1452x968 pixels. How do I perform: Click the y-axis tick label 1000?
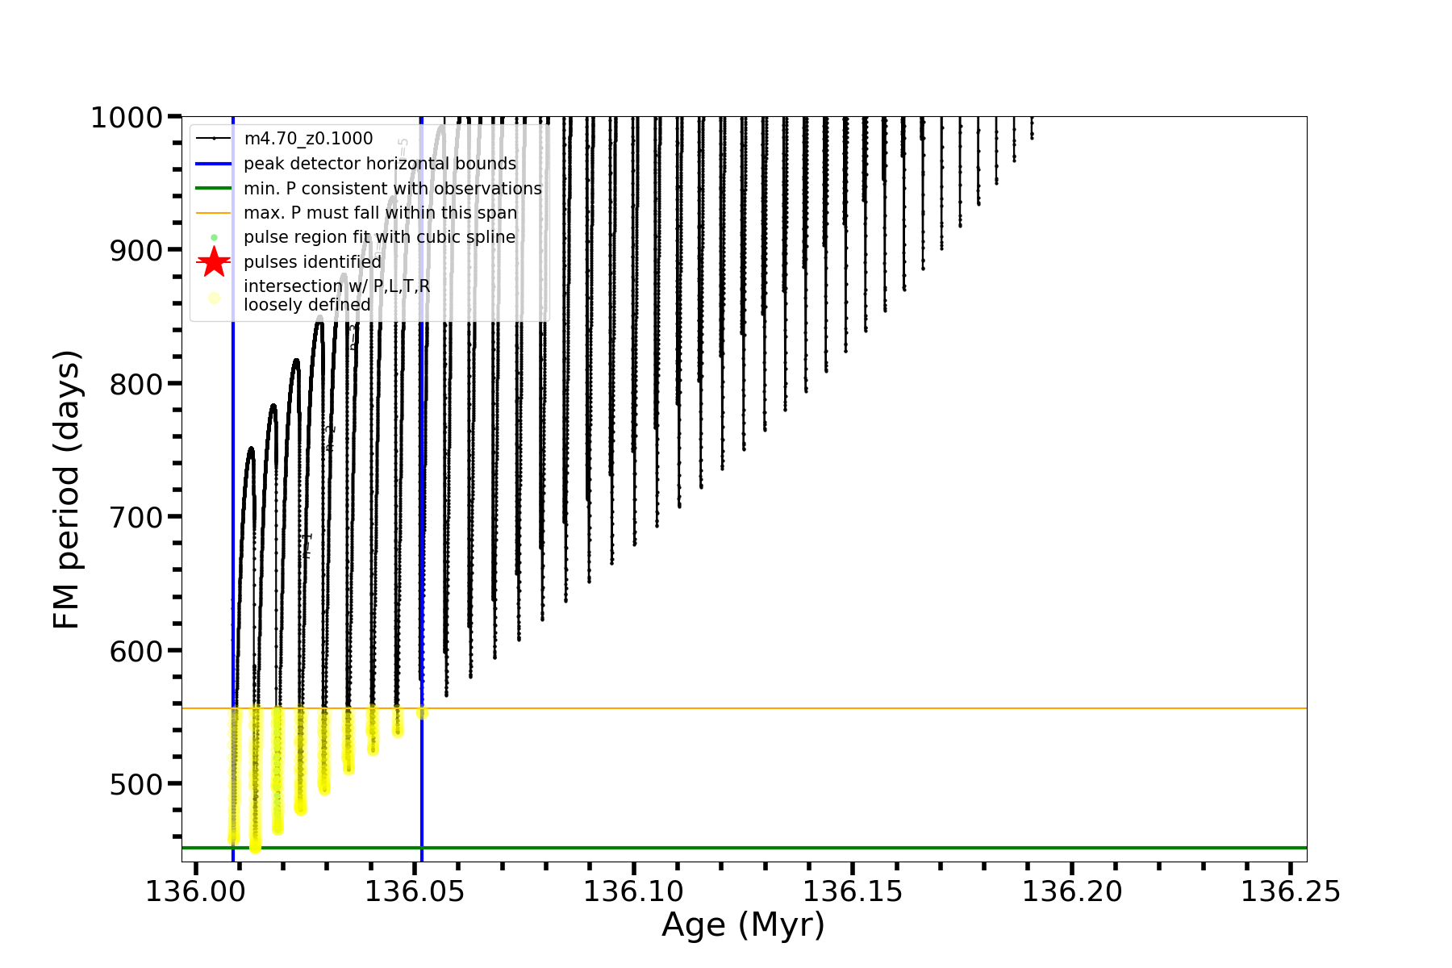coord(127,119)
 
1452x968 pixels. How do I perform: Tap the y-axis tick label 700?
coord(136,518)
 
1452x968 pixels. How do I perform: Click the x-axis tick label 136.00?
coord(195,892)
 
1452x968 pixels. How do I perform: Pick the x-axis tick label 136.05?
coord(415,892)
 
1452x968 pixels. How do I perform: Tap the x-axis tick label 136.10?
coord(633,892)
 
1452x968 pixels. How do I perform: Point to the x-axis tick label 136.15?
coord(853,892)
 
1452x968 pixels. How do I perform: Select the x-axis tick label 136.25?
coord(1290,892)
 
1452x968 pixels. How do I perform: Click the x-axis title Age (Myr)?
coord(743,925)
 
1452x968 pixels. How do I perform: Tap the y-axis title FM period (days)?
coord(66,490)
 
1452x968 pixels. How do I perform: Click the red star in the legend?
coord(214,262)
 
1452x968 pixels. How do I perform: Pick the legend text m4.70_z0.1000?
coord(308,139)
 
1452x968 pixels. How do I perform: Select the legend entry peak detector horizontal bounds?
coord(379,164)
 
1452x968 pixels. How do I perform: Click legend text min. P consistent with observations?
coord(392,189)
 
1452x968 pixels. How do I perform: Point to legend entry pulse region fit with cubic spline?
coord(379,237)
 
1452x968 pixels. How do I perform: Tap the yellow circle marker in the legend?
coord(214,298)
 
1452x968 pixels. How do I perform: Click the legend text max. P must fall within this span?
coord(380,213)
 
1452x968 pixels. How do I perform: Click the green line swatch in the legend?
coord(214,189)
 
